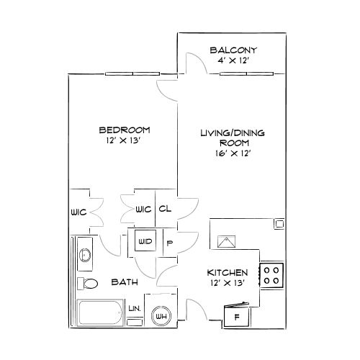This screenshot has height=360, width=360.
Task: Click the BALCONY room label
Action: tap(233, 50)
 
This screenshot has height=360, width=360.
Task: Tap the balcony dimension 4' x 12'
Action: tap(233, 60)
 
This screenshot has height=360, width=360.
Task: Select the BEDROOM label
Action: tap(124, 130)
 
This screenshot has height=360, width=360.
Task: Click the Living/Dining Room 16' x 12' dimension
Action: tap(231, 153)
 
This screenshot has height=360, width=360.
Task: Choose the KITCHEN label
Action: tap(228, 273)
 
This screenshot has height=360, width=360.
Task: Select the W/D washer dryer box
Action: tap(145, 242)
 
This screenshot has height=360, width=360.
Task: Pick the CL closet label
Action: tap(164, 210)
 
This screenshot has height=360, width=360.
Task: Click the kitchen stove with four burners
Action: tap(272, 275)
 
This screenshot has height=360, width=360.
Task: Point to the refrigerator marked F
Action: tap(236, 316)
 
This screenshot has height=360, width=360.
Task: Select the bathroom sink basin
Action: tap(84, 254)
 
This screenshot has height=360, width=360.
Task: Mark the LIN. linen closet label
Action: tap(135, 308)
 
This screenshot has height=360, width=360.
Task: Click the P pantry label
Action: tap(170, 243)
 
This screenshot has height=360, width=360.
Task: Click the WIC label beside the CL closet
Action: tap(143, 210)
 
